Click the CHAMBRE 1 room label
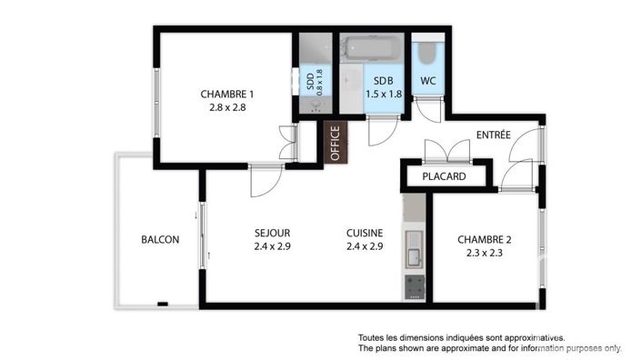coord(226,94)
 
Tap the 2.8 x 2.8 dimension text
coord(226,106)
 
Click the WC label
coord(427,81)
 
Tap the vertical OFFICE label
coord(335,144)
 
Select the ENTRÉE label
coord(494,135)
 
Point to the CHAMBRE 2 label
coord(484,240)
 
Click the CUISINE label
coord(364,233)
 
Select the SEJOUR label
coord(272,233)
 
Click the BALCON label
coord(160,240)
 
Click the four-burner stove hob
coord(414,287)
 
